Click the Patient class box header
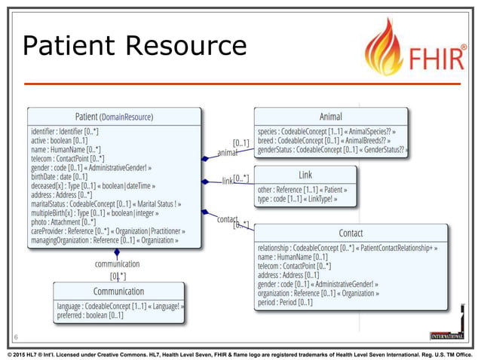coord(114,117)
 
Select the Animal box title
coord(330,117)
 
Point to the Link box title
coord(305,175)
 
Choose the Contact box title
coord(351,233)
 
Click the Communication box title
coord(118,291)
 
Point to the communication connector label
coord(117,264)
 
